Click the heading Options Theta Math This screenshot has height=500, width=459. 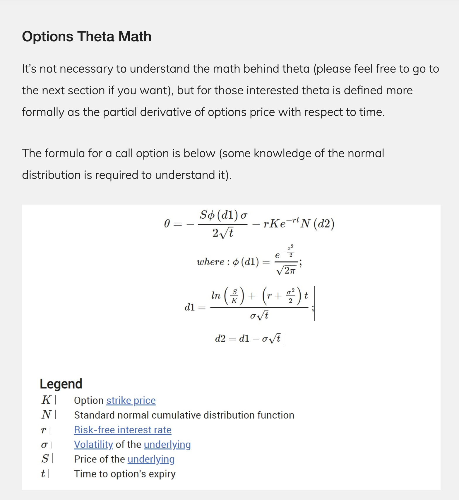(87, 37)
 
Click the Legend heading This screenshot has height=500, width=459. (61, 384)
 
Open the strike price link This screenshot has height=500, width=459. (131, 400)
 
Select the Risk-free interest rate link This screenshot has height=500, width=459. (123, 429)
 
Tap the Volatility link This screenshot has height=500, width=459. (93, 444)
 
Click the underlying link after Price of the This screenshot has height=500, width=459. (151, 459)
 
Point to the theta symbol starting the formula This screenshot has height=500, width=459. (167, 224)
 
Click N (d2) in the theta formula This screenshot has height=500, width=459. (317, 224)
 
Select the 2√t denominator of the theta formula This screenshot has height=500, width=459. (223, 233)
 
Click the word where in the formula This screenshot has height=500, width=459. (210, 261)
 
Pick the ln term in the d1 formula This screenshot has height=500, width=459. (216, 295)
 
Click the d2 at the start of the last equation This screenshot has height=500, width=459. (220, 339)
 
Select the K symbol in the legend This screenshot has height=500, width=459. (46, 400)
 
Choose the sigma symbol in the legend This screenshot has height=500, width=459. (44, 445)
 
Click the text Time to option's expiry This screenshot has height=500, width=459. (125, 474)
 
